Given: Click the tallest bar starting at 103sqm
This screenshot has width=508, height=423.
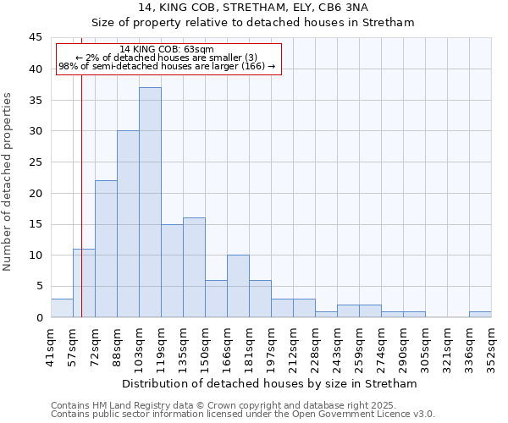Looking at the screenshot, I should (150, 202).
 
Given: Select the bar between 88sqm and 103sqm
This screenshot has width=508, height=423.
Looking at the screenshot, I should (128, 224).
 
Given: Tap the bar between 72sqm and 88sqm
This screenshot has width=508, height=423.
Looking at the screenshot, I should (106, 249).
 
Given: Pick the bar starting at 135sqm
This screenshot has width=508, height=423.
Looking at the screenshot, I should (194, 267).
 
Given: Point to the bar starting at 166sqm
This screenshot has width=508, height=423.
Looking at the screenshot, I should (238, 286).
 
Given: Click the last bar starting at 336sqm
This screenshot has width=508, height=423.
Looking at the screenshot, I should (480, 314).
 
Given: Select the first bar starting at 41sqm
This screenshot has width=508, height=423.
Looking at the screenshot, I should (62, 308).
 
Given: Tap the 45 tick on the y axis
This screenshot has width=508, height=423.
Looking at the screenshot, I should (36, 38).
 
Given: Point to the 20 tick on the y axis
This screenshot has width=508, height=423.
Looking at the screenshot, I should (36, 193).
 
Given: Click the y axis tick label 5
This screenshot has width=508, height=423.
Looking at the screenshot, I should (39, 286).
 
